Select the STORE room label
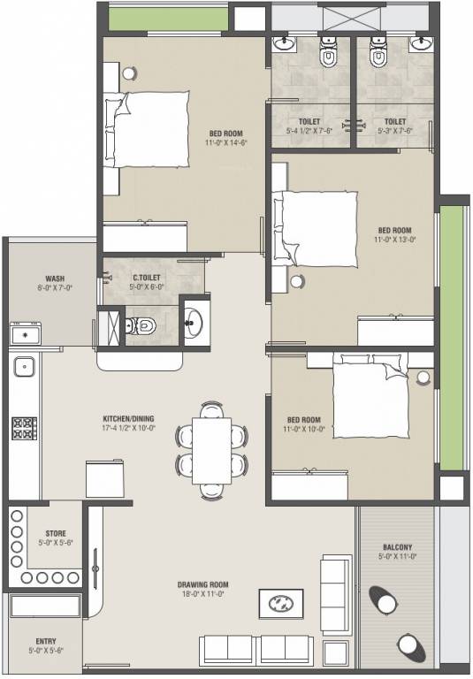pyautogui.click(x=55, y=534)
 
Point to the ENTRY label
pyautogui.click(x=47, y=641)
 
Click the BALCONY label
pyautogui.click(x=397, y=547)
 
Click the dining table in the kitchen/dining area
pyautogui.click(x=211, y=449)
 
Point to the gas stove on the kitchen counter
pyautogui.click(x=23, y=429)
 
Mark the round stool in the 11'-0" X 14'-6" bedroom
pyautogui.click(x=129, y=72)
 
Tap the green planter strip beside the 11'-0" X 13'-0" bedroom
pyautogui.click(x=451, y=336)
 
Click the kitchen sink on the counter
pyautogui.click(x=23, y=364)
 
